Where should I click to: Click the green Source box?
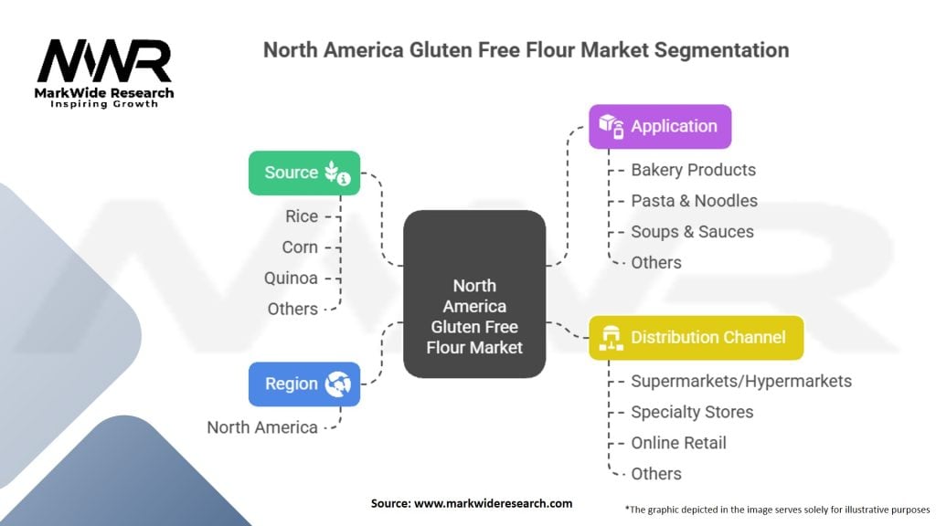pos(303,173)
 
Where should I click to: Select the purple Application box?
pos(659,126)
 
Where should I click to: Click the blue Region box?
pos(303,384)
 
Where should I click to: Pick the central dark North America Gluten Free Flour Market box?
pos(474,294)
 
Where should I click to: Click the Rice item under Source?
pos(302,216)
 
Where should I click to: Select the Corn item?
pos(300,247)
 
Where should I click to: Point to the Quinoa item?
pos(292,278)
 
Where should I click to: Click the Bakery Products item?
pos(693,170)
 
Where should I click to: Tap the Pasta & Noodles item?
pos(694,201)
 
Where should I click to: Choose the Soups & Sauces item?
pos(692,232)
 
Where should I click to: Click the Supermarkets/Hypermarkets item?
pos(740,381)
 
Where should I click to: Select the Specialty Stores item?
pos(692,412)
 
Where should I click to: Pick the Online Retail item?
pos(678,443)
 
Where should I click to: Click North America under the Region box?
pos(262,427)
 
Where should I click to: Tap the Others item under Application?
pos(656,263)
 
